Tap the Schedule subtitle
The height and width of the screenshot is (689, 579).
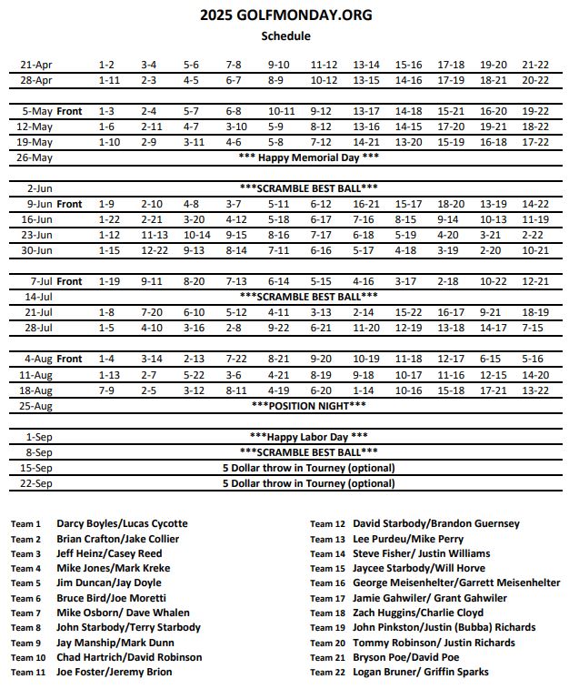285,36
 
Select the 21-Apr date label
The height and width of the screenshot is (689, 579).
36,65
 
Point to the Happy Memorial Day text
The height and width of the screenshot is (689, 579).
308,157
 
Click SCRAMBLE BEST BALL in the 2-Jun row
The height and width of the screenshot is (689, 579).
308,188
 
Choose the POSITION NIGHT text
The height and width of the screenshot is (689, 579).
308,405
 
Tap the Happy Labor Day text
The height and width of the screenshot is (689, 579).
308,436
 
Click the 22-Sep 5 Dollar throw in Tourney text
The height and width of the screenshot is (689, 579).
308,483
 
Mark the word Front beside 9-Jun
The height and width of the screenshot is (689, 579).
69,204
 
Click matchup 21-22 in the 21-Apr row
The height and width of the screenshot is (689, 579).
535,65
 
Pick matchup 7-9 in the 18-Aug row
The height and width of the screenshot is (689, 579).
107,390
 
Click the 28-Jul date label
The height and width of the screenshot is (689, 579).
38,328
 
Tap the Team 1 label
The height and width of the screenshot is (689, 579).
25,524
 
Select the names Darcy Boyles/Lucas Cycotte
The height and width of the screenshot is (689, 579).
122,523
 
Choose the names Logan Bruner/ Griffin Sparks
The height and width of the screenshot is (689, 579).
420,672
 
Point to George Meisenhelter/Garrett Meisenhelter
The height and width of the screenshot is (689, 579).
456,583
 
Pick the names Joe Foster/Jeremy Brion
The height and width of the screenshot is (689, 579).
114,672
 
